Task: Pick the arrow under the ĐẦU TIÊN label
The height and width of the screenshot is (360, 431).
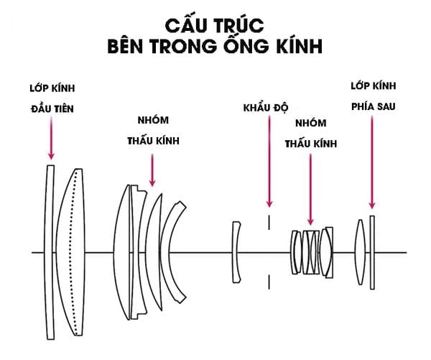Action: [x=51, y=137]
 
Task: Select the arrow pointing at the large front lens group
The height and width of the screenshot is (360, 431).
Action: [x=152, y=165]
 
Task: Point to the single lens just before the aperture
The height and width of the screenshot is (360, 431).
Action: [x=236, y=251]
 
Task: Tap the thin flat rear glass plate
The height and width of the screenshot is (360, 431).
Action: [x=372, y=251]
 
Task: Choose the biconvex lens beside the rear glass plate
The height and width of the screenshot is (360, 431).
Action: [x=361, y=251]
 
